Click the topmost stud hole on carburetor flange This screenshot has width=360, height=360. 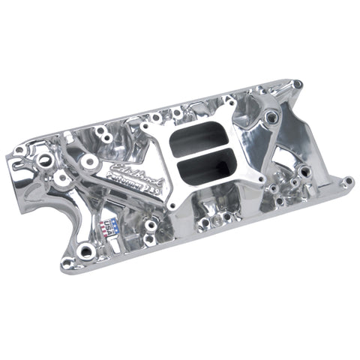228,101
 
